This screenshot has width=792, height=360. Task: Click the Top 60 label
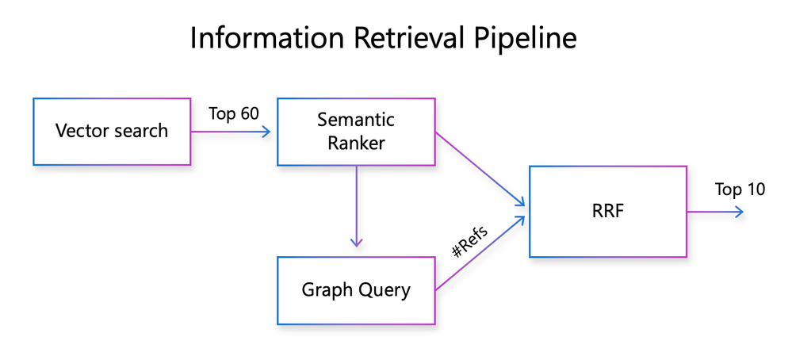point(234,113)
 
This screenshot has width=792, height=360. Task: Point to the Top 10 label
point(740,190)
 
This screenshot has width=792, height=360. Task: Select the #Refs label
point(470,242)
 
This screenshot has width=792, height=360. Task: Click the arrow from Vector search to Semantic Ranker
point(231,132)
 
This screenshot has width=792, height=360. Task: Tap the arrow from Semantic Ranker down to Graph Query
point(357,206)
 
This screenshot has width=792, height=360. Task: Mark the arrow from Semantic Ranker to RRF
point(480,170)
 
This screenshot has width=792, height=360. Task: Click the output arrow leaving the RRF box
point(715,212)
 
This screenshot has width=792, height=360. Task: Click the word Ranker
point(356,143)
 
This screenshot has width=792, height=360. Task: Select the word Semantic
point(356,120)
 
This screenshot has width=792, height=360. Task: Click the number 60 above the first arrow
point(249,113)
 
